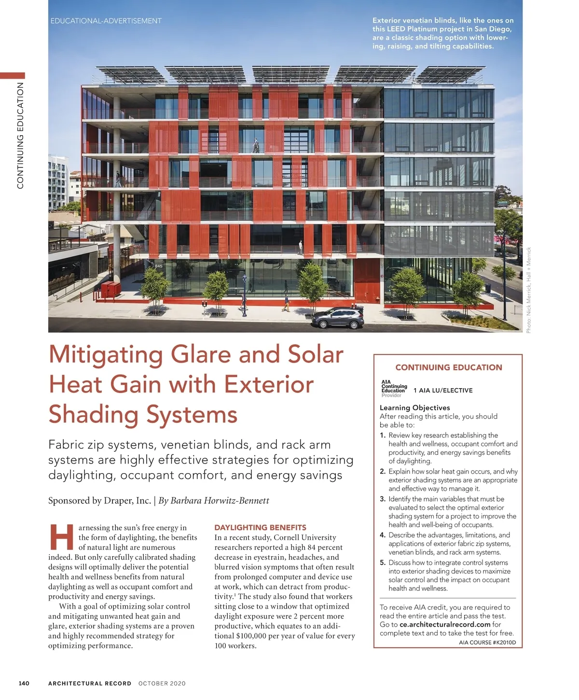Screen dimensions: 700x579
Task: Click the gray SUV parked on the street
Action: (x=338, y=318)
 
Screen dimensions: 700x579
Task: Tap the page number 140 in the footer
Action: (x=24, y=683)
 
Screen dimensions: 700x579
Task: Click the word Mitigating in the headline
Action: (x=106, y=355)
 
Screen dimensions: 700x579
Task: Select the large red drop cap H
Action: (x=62, y=537)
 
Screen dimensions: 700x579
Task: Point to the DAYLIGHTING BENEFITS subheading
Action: (x=260, y=528)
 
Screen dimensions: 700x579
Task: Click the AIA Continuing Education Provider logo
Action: (x=394, y=389)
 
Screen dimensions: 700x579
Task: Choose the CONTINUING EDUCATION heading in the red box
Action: (x=448, y=367)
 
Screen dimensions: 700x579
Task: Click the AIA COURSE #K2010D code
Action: (x=487, y=643)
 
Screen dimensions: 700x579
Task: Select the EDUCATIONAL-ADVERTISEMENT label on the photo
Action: (x=106, y=21)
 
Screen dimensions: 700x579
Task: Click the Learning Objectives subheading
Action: (x=414, y=407)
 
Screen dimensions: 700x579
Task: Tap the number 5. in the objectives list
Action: (x=383, y=562)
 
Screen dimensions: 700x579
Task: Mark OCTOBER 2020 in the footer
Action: (x=162, y=684)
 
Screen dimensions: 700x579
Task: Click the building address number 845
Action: (x=159, y=266)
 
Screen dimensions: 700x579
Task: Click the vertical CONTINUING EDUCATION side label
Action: (x=20, y=135)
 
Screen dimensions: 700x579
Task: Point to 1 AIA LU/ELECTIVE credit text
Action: (x=443, y=391)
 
